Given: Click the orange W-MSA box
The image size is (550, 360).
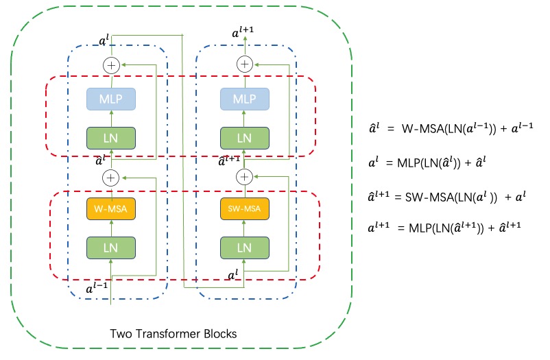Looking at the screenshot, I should (x=111, y=206).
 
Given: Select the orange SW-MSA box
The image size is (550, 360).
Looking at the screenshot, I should (x=244, y=206).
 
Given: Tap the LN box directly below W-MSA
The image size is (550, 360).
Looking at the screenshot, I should (x=111, y=247).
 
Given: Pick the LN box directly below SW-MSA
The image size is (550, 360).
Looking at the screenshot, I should (x=244, y=247).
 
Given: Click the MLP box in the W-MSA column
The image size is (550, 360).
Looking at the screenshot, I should (x=111, y=99).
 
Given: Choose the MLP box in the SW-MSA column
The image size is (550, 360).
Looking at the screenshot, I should (x=244, y=99).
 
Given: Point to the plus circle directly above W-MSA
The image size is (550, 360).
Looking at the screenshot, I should (x=111, y=177).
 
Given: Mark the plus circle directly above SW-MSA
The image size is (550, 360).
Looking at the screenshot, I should (x=244, y=177).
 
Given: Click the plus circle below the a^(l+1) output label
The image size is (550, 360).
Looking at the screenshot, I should (x=244, y=64).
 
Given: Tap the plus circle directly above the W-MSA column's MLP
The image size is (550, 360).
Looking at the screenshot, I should (x=111, y=64).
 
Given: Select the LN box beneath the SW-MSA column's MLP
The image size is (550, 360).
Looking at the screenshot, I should (x=244, y=138).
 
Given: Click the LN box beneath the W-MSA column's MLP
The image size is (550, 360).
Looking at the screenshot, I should (x=111, y=138).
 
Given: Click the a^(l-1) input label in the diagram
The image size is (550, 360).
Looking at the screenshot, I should (x=95, y=288).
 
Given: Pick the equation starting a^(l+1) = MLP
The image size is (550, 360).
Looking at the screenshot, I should (x=442, y=225).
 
